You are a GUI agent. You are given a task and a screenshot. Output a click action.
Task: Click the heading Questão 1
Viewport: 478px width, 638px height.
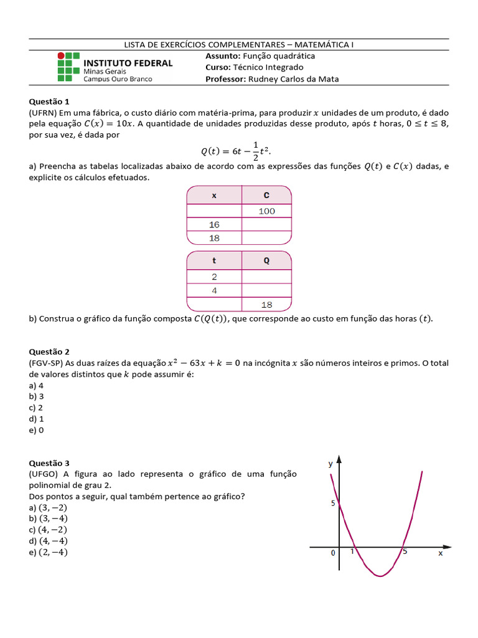click(x=50, y=101)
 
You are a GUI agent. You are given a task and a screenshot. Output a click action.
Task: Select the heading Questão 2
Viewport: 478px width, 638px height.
click(x=50, y=351)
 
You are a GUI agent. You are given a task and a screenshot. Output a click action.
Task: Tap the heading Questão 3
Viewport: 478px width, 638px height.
click(x=50, y=463)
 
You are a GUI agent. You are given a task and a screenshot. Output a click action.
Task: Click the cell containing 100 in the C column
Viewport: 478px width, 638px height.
click(x=266, y=211)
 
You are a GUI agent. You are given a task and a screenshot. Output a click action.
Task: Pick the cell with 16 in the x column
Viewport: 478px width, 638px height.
click(x=214, y=225)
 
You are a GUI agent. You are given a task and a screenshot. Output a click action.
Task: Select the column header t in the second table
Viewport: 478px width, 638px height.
click(x=214, y=260)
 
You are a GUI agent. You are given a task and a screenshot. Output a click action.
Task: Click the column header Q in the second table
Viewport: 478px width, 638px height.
click(x=266, y=260)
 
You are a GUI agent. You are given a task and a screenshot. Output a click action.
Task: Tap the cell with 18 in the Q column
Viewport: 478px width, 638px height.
click(x=266, y=305)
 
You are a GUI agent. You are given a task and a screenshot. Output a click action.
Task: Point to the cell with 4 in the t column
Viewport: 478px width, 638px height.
click(x=214, y=290)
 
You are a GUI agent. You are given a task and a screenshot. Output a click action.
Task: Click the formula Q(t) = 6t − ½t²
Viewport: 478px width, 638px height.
click(x=237, y=151)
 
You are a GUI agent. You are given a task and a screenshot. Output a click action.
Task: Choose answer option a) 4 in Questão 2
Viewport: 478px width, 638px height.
click(x=36, y=385)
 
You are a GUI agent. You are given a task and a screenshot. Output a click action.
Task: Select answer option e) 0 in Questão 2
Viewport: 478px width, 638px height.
click(x=36, y=430)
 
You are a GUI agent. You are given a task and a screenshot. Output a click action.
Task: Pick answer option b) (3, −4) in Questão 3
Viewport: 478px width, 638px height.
click(x=49, y=518)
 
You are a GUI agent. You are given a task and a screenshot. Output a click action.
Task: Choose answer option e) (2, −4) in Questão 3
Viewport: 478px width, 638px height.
click(x=49, y=552)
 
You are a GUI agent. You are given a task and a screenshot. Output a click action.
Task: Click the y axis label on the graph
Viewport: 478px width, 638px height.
click(x=330, y=464)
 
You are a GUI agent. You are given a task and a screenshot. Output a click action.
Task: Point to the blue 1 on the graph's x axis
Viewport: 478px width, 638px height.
click(x=352, y=551)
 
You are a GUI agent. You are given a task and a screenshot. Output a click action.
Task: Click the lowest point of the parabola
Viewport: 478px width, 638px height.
click(x=378, y=576)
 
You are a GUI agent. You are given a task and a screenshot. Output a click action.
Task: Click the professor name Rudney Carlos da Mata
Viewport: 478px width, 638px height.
click(x=293, y=79)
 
